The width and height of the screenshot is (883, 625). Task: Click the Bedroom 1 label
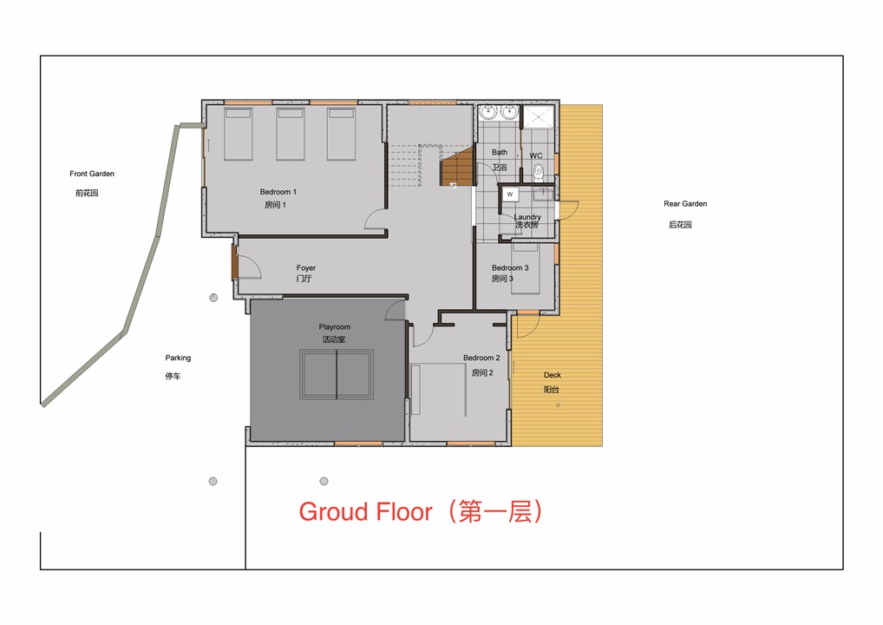click(x=278, y=192)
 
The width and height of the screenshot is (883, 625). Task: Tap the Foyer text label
click(x=306, y=267)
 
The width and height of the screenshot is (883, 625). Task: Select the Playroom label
click(x=335, y=327)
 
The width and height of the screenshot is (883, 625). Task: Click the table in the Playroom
click(x=337, y=374)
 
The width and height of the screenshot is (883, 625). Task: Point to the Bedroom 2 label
click(x=481, y=358)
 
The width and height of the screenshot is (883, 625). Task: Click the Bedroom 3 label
click(x=510, y=267)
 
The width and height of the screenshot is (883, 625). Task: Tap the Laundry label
click(x=527, y=217)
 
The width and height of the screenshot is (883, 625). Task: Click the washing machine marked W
click(x=510, y=194)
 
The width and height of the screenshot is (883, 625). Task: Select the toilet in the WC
click(x=539, y=171)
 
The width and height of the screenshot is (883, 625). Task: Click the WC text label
click(x=536, y=155)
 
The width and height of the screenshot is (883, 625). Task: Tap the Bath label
click(x=500, y=152)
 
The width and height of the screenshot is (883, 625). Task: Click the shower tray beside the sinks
click(x=539, y=116)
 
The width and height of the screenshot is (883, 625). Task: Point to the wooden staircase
click(x=457, y=166)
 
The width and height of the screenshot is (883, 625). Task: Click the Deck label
click(x=553, y=375)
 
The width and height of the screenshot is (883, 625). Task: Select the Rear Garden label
click(x=685, y=203)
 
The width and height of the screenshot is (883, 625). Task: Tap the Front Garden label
click(x=92, y=174)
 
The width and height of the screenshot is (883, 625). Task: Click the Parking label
click(x=178, y=358)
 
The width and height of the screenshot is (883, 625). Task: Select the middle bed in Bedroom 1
click(x=291, y=135)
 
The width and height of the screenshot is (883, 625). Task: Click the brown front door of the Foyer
click(x=234, y=263)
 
